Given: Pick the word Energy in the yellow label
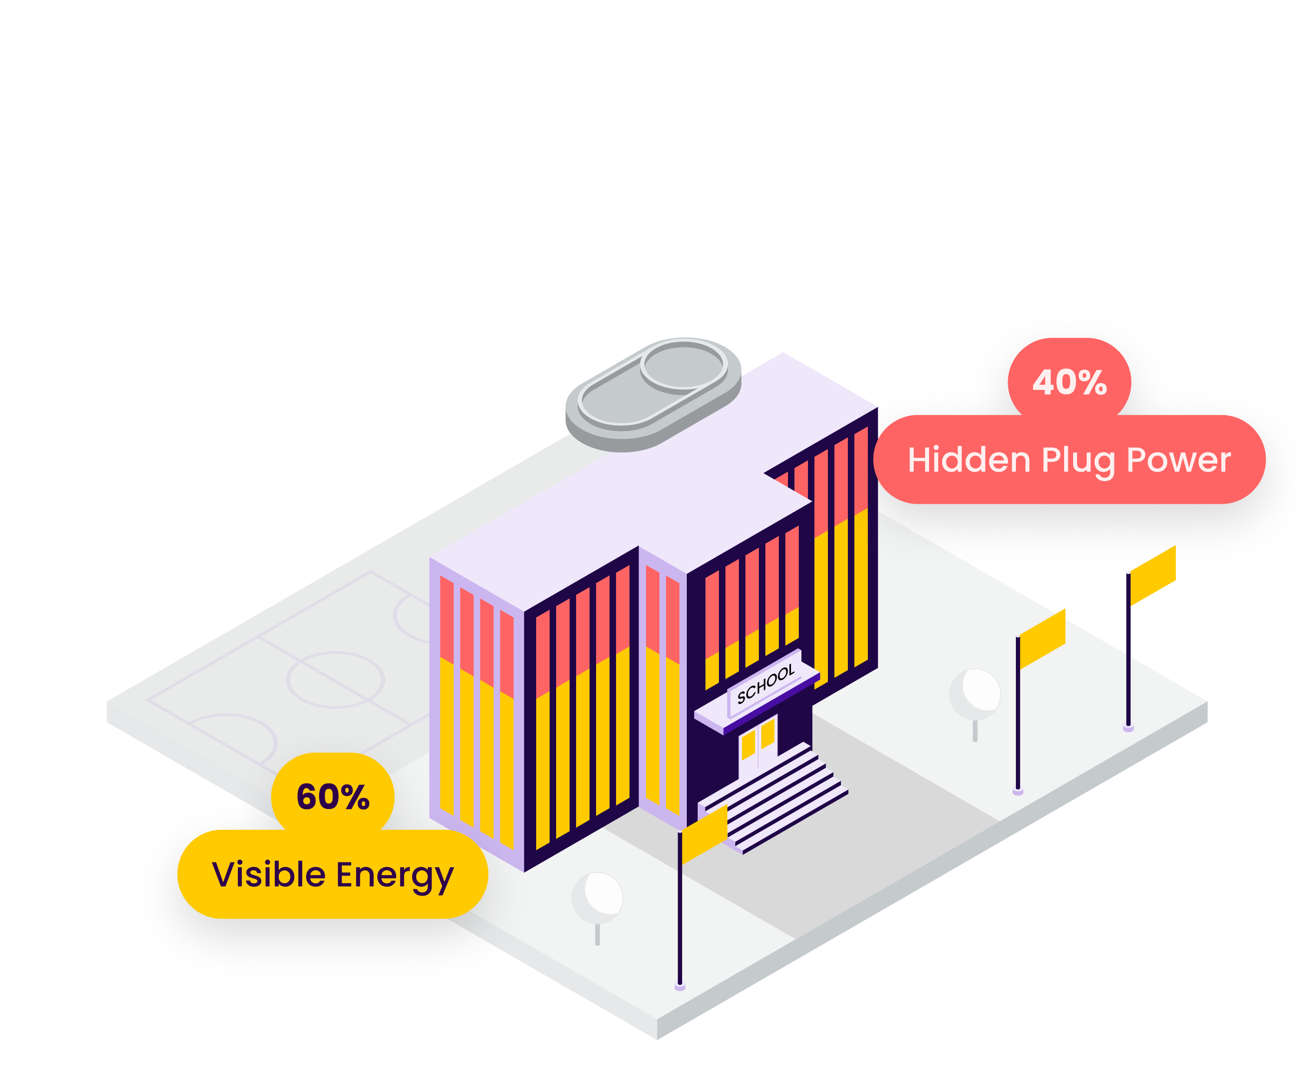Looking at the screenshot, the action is (395, 875).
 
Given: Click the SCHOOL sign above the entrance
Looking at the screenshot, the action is (765, 683).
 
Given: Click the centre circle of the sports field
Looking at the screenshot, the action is (335, 679).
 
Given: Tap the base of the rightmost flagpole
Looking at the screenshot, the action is (1128, 728).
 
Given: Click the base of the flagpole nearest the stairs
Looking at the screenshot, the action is (680, 986).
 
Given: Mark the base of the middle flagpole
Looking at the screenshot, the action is (1018, 791).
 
